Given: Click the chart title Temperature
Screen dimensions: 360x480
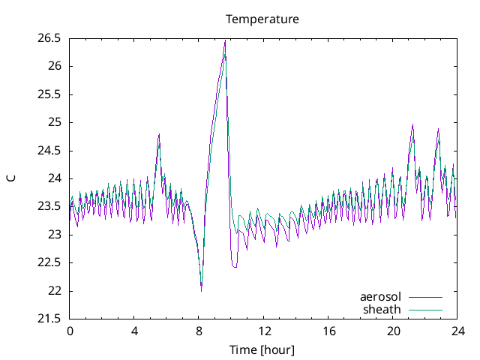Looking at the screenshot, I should click(262, 19).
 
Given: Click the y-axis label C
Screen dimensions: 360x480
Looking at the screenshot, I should click(11, 178).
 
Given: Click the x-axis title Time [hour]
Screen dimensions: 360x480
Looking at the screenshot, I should click(262, 349).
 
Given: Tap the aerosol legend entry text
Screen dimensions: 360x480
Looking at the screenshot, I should click(380, 297).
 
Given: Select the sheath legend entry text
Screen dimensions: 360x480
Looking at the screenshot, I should click(382, 309).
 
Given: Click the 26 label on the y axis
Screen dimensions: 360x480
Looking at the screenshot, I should click(55, 66).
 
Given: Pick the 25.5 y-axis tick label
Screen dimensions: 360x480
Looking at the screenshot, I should click(49, 94).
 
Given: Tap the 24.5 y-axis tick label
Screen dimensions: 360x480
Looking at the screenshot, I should click(49, 150).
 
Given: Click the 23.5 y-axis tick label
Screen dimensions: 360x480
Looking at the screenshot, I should click(49, 206).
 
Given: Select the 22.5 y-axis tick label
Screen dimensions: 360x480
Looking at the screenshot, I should click(49, 262).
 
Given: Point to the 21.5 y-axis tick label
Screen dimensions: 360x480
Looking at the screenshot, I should click(49, 319).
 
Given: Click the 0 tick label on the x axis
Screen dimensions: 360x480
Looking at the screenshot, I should click(70, 331).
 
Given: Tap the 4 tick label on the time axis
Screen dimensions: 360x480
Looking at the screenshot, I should click(134, 331).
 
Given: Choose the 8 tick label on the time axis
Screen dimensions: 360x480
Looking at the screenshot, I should click(199, 331).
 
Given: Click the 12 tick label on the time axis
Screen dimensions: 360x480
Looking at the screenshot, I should click(264, 331).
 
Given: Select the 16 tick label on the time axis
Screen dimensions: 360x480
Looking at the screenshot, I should click(328, 331).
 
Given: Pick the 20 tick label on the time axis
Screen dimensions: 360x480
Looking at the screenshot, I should click(393, 331).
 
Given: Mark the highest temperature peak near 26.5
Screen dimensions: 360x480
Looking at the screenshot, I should click(225, 40).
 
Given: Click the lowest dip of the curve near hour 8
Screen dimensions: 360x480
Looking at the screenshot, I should click(201, 289).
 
